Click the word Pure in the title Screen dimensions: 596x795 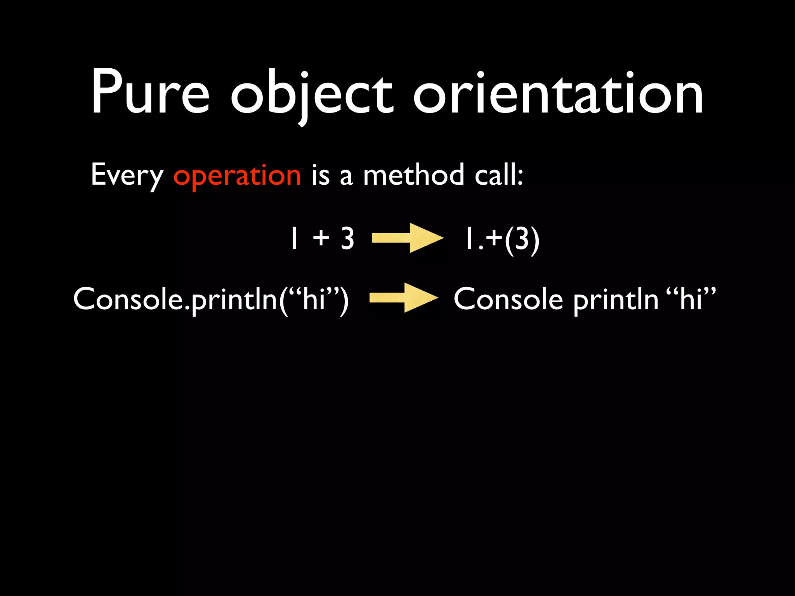(x=150, y=93)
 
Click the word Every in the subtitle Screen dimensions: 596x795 (x=127, y=175)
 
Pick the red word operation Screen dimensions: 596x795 (x=237, y=175)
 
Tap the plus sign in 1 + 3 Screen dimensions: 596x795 (x=321, y=238)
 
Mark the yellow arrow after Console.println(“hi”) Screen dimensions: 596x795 (x=404, y=298)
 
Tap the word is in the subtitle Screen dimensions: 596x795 (x=320, y=175)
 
